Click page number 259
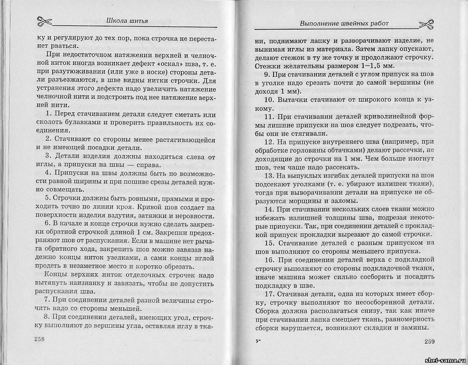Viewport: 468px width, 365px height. click(x=429, y=342)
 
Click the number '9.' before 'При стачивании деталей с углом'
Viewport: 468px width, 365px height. click(x=267, y=75)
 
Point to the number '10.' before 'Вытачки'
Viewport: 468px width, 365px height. click(x=269, y=100)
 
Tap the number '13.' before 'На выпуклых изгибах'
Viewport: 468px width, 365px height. click(x=269, y=176)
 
